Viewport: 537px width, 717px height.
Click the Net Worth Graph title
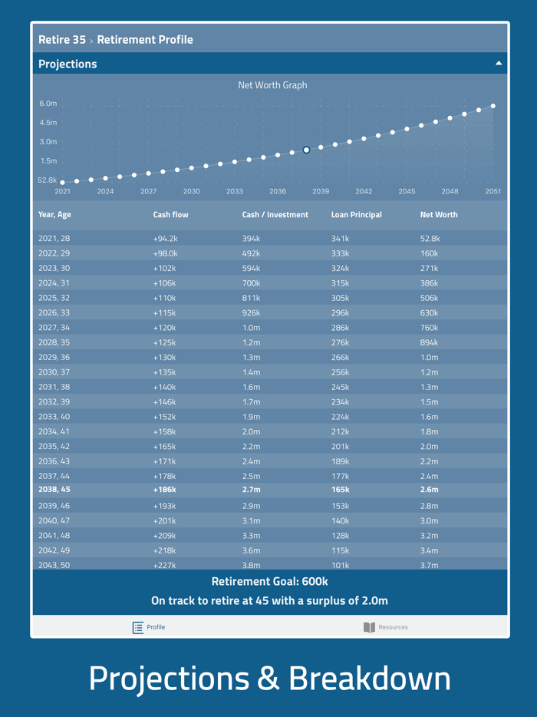(x=272, y=85)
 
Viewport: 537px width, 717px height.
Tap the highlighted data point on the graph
(x=306, y=150)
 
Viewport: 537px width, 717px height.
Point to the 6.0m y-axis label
(x=48, y=104)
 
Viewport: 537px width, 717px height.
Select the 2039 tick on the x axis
(x=321, y=191)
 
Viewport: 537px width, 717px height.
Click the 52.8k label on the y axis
(x=47, y=180)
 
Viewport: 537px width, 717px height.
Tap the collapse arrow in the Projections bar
(x=499, y=64)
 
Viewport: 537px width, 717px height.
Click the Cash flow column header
(x=170, y=215)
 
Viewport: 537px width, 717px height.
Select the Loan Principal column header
(x=356, y=215)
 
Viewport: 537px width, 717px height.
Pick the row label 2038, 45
(x=54, y=490)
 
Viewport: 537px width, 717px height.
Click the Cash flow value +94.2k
(x=165, y=239)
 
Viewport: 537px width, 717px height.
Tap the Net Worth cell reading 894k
(x=430, y=343)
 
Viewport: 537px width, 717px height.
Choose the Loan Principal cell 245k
(x=341, y=388)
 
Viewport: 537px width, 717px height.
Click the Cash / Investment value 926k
(x=252, y=313)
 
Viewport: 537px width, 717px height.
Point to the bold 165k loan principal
(x=341, y=490)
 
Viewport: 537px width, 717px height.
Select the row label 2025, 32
(x=54, y=299)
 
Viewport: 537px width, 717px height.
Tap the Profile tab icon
(x=138, y=627)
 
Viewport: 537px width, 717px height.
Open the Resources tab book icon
(x=369, y=627)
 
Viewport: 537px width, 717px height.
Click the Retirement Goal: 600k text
(x=269, y=582)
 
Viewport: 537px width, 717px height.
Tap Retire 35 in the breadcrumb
(x=61, y=40)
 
